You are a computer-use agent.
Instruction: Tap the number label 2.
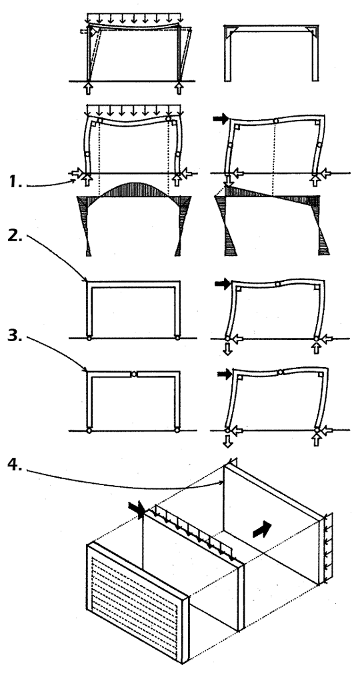point(16,238)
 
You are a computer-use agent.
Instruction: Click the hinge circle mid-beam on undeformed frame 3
point(133,374)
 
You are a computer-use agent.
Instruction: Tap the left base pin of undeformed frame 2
point(89,338)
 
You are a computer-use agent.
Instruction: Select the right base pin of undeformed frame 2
point(177,338)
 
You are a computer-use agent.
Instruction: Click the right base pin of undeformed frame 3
point(177,430)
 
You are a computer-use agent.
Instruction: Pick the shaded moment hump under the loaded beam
point(133,189)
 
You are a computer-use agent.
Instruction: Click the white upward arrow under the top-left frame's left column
point(89,89)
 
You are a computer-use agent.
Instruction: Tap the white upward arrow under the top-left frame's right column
point(179,89)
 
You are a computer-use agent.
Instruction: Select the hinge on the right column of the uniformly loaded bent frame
point(177,153)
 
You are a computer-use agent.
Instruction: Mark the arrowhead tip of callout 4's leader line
point(223,482)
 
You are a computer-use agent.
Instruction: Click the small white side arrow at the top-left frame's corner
point(84,32)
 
